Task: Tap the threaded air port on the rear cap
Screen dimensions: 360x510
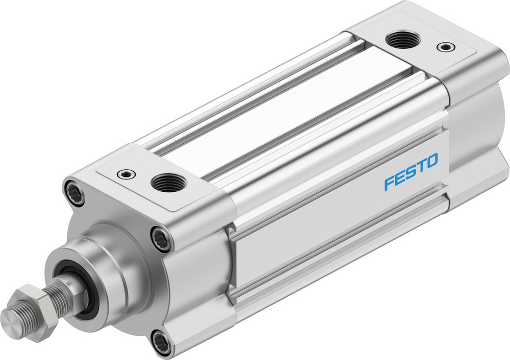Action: tap(402, 40)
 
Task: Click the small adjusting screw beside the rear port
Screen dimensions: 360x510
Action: tap(444, 47)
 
